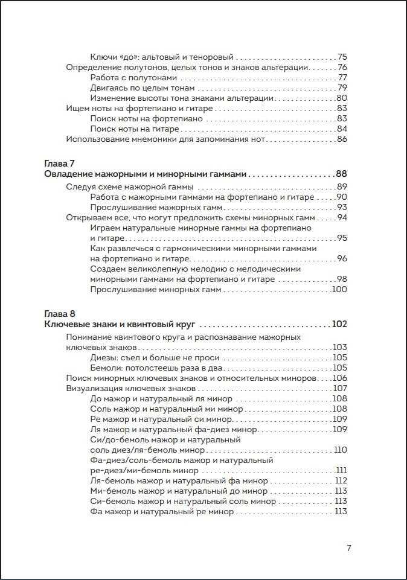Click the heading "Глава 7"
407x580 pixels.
pyautogui.click(x=60, y=164)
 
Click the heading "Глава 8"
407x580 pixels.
pyautogui.click(x=60, y=314)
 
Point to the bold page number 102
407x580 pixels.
pyautogui.click(x=339, y=324)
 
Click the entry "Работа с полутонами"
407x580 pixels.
pyautogui.click(x=133, y=78)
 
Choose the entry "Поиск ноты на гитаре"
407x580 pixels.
pyautogui.click(x=135, y=129)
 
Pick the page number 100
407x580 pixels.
pyautogui.click(x=339, y=290)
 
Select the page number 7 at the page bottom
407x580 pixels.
pyautogui.click(x=349, y=548)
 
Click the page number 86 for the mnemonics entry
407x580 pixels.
pyautogui.click(x=342, y=139)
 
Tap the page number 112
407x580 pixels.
pyautogui.click(x=341, y=481)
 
